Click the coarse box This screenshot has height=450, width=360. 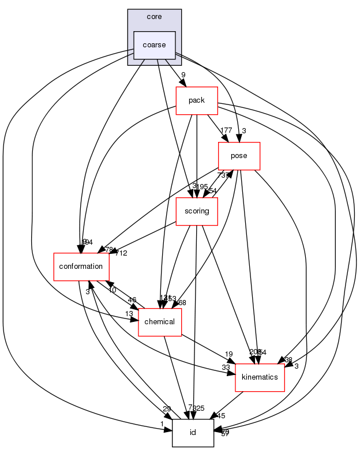coord(154,45)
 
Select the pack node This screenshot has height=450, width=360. coord(197,100)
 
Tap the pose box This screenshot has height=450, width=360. coord(239,156)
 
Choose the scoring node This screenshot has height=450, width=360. coord(196,211)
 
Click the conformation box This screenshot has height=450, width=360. coord(81,267)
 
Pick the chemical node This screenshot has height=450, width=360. coord(160,321)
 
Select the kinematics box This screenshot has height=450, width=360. coord(260,377)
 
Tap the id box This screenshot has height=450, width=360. coord(193,432)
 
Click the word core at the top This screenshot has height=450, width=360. coord(154,17)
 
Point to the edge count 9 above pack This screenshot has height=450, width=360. coord(183,74)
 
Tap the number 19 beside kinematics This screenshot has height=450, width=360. coord(228,354)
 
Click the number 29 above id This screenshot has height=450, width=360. coord(167,408)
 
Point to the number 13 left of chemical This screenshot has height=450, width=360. coord(129,313)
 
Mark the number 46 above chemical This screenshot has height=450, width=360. coord(132,300)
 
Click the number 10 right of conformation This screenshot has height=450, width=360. coord(112,290)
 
